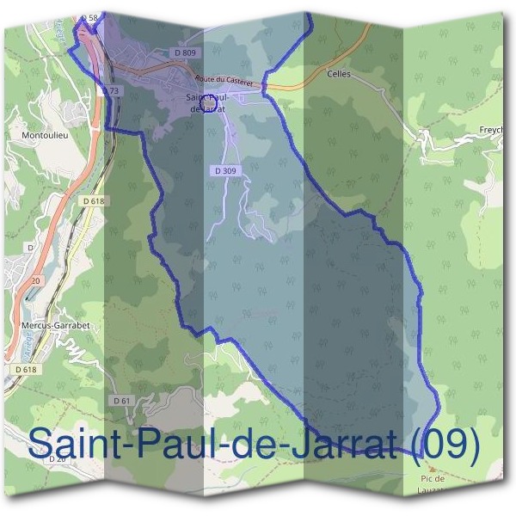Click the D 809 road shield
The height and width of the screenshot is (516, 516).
[x=185, y=53]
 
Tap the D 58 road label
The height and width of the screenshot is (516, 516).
[x=89, y=17]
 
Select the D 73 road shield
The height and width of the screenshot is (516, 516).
[x=109, y=90]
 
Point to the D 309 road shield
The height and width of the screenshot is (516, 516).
[x=224, y=171]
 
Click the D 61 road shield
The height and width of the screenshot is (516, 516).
[x=121, y=401]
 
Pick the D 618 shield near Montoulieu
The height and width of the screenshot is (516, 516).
[x=95, y=200]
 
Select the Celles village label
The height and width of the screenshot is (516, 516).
[x=340, y=75]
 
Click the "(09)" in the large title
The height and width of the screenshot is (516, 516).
[x=442, y=443]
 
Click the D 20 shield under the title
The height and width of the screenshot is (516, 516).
[x=58, y=459]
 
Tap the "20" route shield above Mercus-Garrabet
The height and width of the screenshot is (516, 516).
[x=35, y=280]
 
